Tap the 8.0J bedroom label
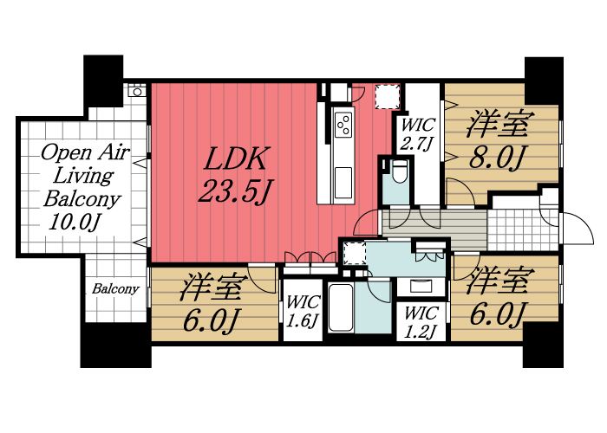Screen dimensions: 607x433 pos(498,141)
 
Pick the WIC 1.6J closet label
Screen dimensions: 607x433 pos(303,313)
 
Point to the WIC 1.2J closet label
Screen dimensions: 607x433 pos(421,321)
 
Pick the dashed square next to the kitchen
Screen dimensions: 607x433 pos(387,96)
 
